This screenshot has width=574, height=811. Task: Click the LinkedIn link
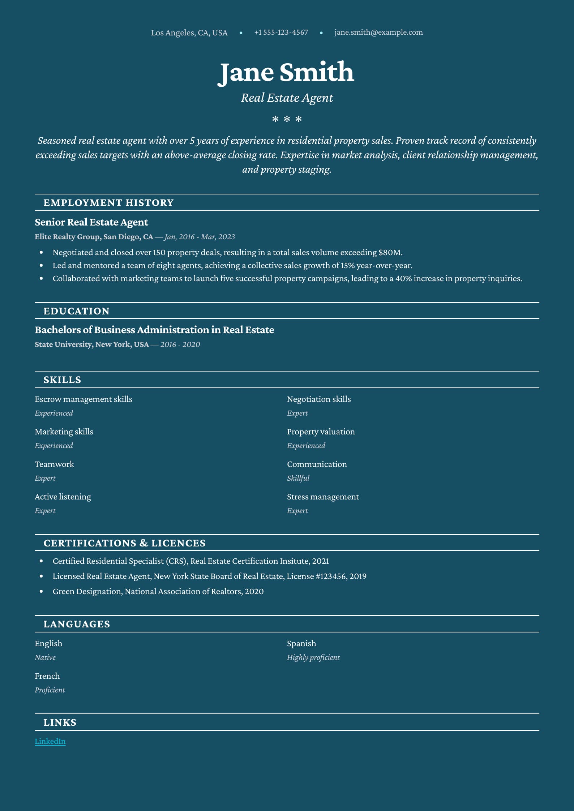pyautogui.click(x=50, y=741)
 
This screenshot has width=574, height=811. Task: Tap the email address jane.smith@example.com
pyautogui.click(x=378, y=32)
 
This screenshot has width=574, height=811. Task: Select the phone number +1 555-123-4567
pyautogui.click(x=281, y=32)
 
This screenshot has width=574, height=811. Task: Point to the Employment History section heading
pyautogui.click(x=108, y=203)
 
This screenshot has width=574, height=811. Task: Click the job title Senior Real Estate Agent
pyautogui.click(x=91, y=222)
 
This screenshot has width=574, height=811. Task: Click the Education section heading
pyautogui.click(x=76, y=311)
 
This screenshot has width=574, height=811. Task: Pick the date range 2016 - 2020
pyautogui.click(x=180, y=344)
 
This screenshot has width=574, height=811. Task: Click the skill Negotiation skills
pyautogui.click(x=319, y=399)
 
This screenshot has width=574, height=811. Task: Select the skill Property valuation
pyautogui.click(x=321, y=432)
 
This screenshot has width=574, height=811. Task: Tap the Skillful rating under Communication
pyautogui.click(x=298, y=478)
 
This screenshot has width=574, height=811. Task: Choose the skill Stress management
pyautogui.click(x=323, y=497)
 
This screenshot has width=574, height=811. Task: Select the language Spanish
pyautogui.click(x=301, y=643)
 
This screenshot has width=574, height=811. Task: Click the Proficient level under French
pyautogui.click(x=50, y=690)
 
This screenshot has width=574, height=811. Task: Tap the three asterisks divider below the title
pyautogui.click(x=287, y=119)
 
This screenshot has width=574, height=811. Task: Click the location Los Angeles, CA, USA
pyautogui.click(x=189, y=33)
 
